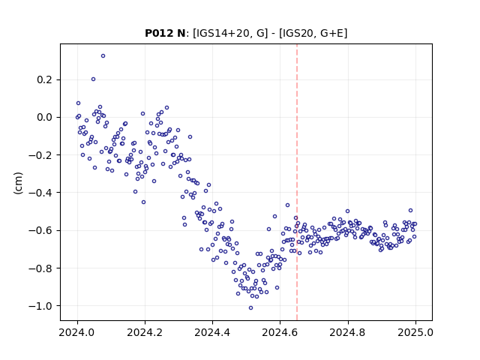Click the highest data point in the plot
pyautogui.click(x=103, y=56)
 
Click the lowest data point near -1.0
pyautogui.click(x=250, y=308)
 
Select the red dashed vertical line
pyautogui.click(x=297, y=182)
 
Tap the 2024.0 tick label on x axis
pyautogui.click(x=77, y=332)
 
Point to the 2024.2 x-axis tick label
pyautogui.click(x=145, y=332)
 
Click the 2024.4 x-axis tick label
pyautogui.click(x=212, y=332)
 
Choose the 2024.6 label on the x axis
pyautogui.click(x=280, y=332)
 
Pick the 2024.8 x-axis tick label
pyautogui.click(x=348, y=332)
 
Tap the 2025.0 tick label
pyautogui.click(x=415, y=332)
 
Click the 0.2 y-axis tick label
pyautogui.click(x=45, y=80)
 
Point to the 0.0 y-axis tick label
pyautogui.click(x=45, y=118)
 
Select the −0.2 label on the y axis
pyautogui.click(x=40, y=155)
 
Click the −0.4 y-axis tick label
pyautogui.click(x=40, y=193)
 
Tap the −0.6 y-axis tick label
pyautogui.click(x=40, y=230)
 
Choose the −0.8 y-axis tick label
pyautogui.click(x=40, y=268)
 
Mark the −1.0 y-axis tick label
pyautogui.click(x=40, y=306)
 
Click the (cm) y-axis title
pyautogui.click(x=18, y=183)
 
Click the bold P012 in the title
pyautogui.click(x=160, y=33)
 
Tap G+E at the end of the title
pyautogui.click(x=332, y=33)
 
